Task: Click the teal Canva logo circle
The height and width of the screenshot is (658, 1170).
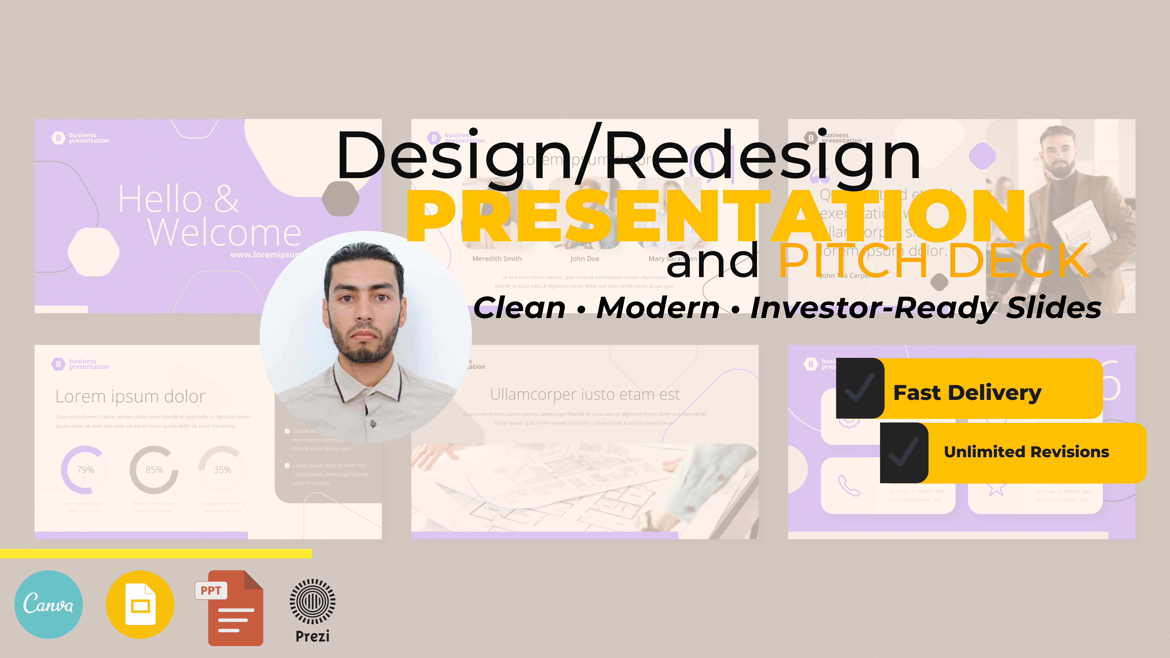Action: click(49, 604)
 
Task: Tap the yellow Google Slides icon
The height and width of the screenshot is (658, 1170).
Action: click(140, 604)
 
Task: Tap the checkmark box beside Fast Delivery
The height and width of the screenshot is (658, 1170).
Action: click(860, 388)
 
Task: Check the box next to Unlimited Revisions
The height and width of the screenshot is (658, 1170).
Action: click(904, 453)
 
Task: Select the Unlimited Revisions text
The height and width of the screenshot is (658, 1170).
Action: click(1026, 452)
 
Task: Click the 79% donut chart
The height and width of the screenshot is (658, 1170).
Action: click(85, 470)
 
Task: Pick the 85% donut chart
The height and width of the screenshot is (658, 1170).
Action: click(154, 470)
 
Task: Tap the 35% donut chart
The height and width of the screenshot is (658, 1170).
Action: click(222, 470)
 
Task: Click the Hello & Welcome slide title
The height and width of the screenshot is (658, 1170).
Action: click(209, 216)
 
